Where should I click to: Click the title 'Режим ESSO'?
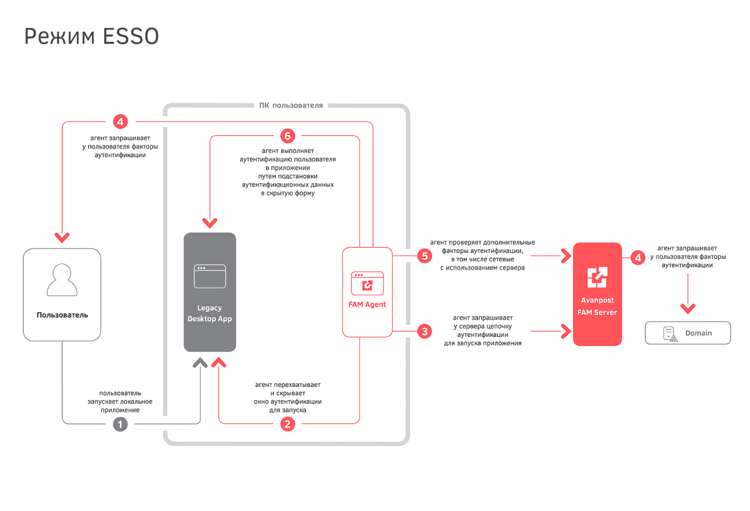click(x=91, y=36)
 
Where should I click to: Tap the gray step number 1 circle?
click(x=120, y=424)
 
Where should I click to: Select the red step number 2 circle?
click(x=287, y=424)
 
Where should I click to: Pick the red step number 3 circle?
click(x=425, y=331)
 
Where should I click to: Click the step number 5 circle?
click(x=425, y=256)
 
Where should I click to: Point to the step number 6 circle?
click(x=287, y=136)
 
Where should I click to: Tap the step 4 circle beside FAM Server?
click(x=638, y=258)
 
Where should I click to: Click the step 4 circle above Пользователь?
click(x=120, y=122)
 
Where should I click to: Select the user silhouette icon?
click(x=62, y=280)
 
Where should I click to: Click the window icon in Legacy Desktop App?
click(x=210, y=277)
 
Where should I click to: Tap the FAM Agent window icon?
click(x=367, y=283)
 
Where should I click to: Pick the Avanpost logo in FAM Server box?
click(x=597, y=277)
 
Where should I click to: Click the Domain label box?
click(x=687, y=333)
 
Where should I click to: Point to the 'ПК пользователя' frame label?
click(x=291, y=106)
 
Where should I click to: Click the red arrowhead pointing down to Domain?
click(x=688, y=308)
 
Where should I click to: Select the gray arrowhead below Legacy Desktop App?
click(x=200, y=363)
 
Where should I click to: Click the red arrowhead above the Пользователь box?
click(x=62, y=238)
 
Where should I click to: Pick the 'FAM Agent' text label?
click(x=367, y=304)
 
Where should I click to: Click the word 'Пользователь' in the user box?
click(x=62, y=315)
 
